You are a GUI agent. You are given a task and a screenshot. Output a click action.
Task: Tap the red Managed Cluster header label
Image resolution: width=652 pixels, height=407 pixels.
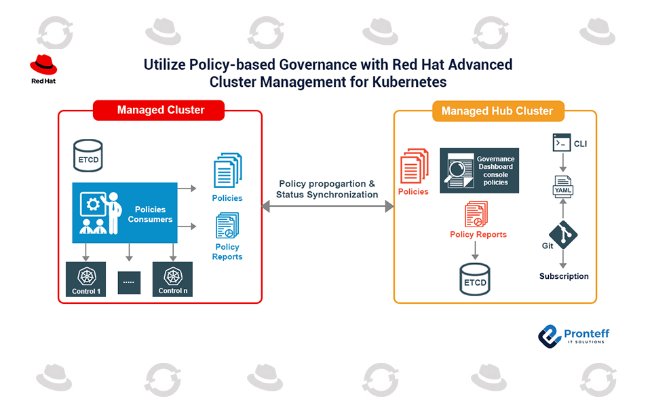(160, 110)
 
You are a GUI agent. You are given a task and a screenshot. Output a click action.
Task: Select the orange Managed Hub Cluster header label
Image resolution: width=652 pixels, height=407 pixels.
(497, 111)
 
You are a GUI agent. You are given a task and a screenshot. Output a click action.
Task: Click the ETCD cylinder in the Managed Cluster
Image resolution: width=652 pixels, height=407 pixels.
(88, 155)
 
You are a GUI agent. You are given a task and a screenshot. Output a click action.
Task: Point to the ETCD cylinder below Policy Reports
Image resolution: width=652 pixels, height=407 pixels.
(475, 276)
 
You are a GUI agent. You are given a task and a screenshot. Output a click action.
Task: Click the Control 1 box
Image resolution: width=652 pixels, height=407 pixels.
(86, 279)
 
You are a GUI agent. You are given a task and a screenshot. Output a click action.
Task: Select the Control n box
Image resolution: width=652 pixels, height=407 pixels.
(172, 279)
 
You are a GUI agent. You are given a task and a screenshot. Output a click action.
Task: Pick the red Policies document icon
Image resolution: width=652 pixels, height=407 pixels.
(414, 167)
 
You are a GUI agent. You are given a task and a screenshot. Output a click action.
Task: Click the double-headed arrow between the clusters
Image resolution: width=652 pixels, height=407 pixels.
(328, 206)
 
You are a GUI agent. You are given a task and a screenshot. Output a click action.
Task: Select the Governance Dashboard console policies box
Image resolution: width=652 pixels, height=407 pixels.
(479, 170)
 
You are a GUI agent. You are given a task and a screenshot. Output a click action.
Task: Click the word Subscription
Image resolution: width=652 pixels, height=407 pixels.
(564, 276)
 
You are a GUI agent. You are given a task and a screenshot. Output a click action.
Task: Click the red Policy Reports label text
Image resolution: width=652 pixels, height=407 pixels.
(478, 235)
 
